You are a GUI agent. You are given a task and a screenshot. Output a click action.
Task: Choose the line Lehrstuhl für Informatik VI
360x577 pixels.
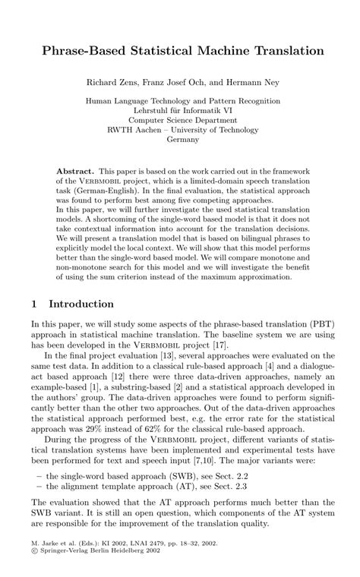pos(182,109)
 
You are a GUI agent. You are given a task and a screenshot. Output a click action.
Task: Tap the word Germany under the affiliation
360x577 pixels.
pos(182,139)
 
